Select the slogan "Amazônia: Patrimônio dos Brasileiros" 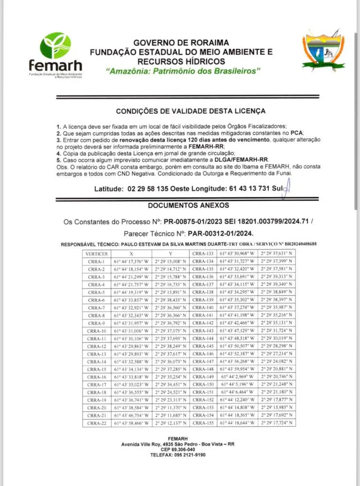pos(183,71)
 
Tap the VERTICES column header pos(96,254)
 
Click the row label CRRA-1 pos(96,261)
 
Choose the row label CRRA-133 pos(203,254)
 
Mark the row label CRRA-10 pos(96,331)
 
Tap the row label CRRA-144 pos(203,339)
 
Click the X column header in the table pos(131,254)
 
